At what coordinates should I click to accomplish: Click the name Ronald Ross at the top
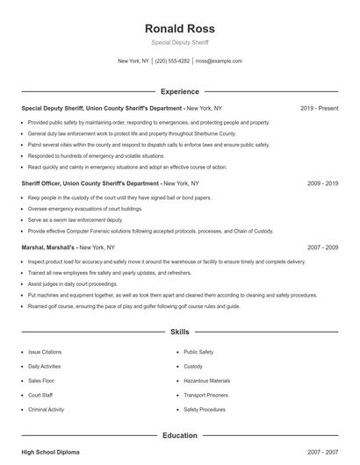[179, 28]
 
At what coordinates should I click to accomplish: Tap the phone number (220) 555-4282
[172, 61]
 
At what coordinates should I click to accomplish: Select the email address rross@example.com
[219, 61]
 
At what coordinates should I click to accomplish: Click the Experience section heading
[179, 91]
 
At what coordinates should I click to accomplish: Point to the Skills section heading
[179, 333]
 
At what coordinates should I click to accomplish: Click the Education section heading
[179, 435]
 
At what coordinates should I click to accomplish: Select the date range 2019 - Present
[319, 108]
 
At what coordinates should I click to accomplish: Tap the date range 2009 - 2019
[323, 183]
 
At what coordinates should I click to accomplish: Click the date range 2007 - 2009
[323, 247]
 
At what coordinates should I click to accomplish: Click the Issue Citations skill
[45, 351]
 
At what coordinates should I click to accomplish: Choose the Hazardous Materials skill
[207, 381]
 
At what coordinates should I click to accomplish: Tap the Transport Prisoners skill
[206, 395]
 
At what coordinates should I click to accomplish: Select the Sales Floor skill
[41, 381]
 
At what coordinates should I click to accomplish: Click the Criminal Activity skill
[47, 410]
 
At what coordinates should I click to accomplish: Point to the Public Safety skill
[198, 351]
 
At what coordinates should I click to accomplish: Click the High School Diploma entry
[50, 452]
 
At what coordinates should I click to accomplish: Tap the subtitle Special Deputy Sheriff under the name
[179, 42]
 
